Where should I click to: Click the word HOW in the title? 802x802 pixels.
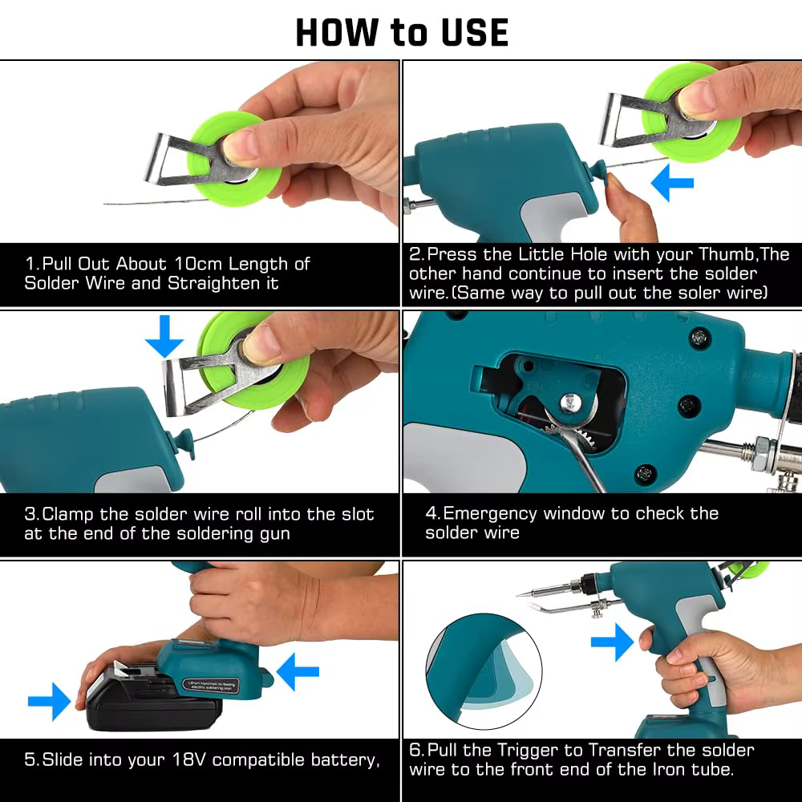[337, 32]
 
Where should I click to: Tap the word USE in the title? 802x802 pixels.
[471, 32]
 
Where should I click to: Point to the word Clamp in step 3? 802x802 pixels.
[71, 514]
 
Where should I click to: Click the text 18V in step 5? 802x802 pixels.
[186, 759]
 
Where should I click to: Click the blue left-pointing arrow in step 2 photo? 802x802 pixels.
[671, 182]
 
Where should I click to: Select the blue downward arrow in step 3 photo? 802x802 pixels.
[165, 334]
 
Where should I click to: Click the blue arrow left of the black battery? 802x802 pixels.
[49, 702]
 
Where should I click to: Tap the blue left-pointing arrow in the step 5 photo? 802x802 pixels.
[298, 672]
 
